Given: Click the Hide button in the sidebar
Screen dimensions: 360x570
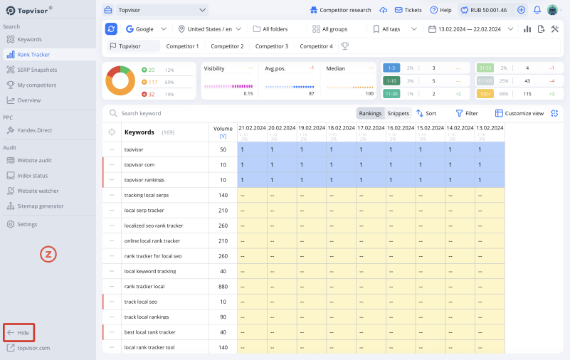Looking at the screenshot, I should click(19, 332).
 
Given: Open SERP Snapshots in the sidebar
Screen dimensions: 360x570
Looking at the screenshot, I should click(36, 70).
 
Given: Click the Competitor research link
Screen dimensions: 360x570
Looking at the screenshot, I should click(340, 10).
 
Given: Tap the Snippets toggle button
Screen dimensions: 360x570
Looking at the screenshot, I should click(398, 113).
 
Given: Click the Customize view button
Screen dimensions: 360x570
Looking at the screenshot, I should click(519, 113).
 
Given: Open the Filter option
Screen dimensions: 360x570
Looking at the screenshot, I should click(467, 113).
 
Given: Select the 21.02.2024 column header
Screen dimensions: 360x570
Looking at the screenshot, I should click(252, 128).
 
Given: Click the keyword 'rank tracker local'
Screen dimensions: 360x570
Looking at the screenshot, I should click(144, 287).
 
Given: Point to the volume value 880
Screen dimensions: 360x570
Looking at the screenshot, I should click(223, 287).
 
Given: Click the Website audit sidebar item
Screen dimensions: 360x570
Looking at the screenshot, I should click(33, 160).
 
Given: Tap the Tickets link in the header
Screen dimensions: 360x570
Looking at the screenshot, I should click(407, 10).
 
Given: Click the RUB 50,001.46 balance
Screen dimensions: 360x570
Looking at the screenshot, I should click(483, 10).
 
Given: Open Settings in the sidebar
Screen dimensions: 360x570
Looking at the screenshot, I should click(27, 224).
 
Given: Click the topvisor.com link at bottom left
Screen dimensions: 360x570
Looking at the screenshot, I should click(33, 348).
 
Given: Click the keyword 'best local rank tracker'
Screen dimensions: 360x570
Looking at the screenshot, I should click(149, 332).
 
